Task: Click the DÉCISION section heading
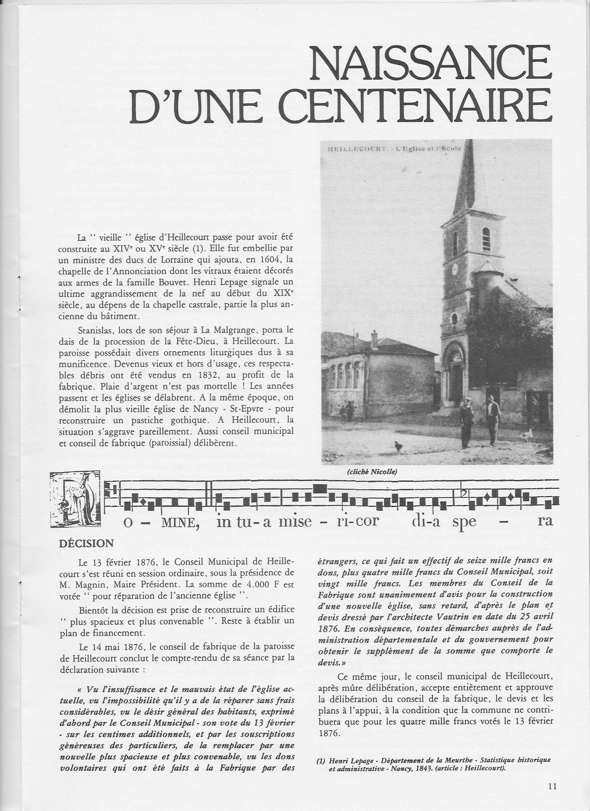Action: point(86,544)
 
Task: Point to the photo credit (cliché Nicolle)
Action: point(372,472)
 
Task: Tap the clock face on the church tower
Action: point(455,269)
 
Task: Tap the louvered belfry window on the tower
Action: point(486,240)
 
